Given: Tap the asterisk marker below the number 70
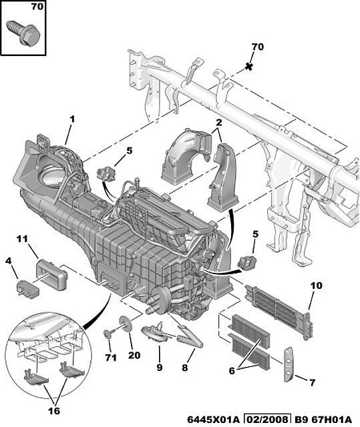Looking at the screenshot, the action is (248, 66).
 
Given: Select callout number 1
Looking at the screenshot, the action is (72, 119).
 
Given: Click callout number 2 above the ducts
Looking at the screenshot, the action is (219, 123).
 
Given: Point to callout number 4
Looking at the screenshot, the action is (9, 261).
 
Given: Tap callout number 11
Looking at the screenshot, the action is (22, 239).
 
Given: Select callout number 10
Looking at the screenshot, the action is (317, 286).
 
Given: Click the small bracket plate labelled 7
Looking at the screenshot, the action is (289, 365).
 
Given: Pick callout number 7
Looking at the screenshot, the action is (312, 382).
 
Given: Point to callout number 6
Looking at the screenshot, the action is (232, 371).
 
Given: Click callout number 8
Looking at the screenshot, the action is (185, 368).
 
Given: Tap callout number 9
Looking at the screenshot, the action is (160, 368).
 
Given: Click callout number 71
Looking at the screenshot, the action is (111, 358).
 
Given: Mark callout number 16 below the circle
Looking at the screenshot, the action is (54, 411).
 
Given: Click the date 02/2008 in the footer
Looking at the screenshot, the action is (266, 420).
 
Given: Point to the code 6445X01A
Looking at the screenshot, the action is (213, 420).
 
